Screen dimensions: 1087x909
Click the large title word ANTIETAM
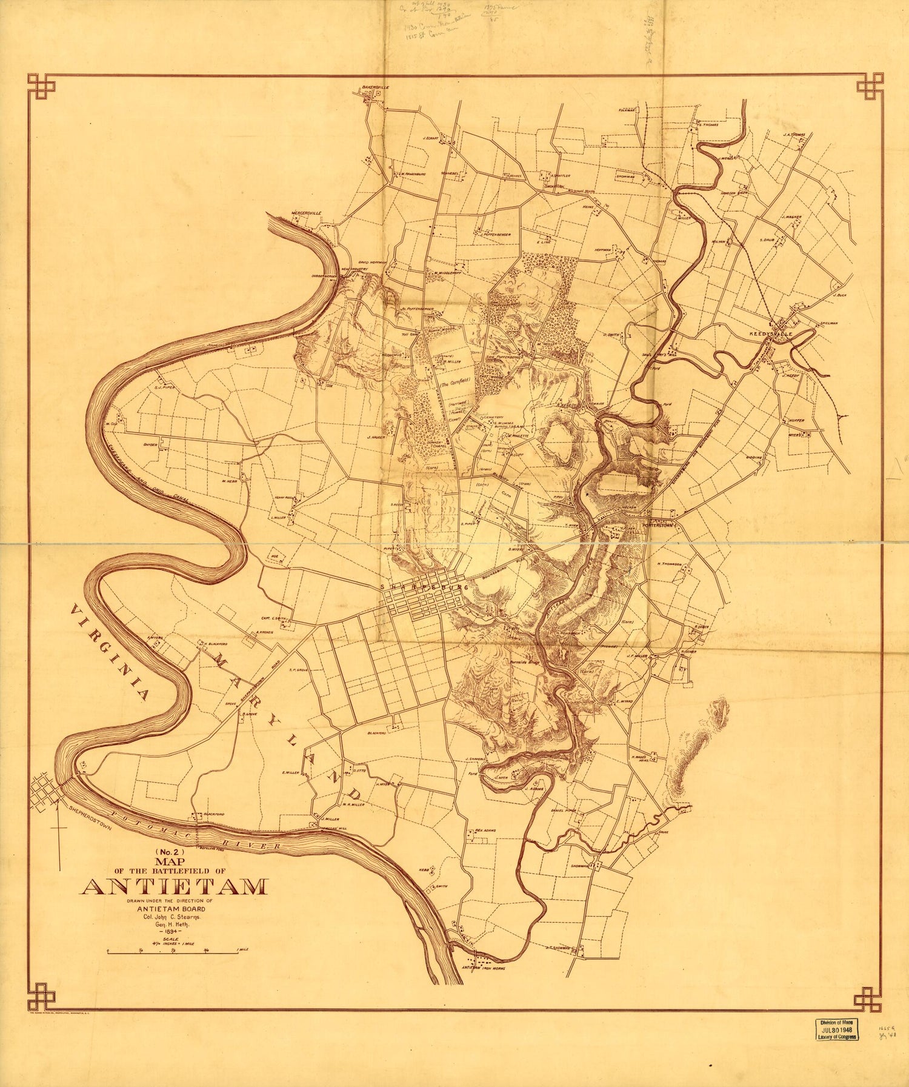[x=174, y=887]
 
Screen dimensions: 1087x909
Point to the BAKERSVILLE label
[x=375, y=87]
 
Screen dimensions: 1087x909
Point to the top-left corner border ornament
[x=41, y=87]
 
